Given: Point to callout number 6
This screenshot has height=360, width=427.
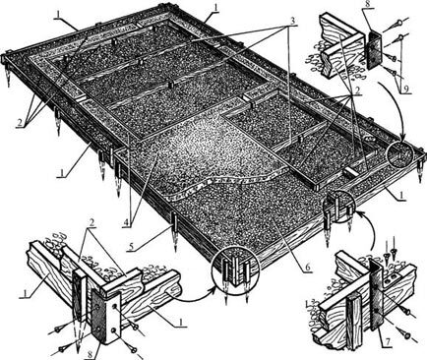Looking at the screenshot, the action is (307, 267).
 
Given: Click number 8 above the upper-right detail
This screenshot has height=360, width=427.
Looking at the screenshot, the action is (366, 6).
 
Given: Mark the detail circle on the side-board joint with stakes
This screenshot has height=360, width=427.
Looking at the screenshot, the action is (342, 206).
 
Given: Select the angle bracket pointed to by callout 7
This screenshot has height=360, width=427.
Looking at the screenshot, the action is (378, 298).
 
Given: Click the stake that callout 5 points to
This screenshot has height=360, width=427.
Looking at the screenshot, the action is (174, 229).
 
